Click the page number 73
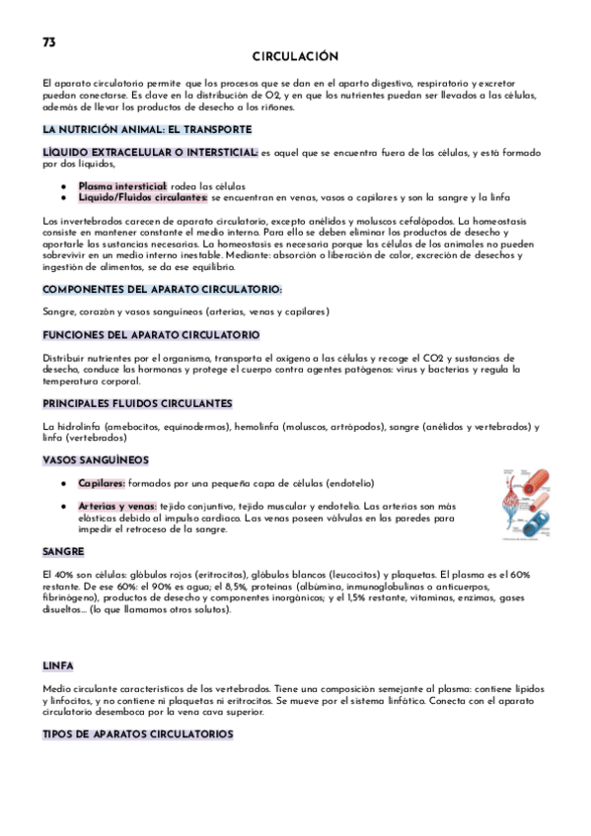tap(49, 42)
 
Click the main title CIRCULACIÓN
tap(295, 57)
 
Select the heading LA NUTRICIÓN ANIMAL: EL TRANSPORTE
tap(147, 129)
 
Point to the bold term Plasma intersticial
tap(122, 185)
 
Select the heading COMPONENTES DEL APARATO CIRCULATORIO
tap(162, 289)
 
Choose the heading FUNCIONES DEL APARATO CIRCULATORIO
tap(151, 335)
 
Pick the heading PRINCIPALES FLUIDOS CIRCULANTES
tap(137, 403)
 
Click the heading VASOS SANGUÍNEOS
tap(96, 459)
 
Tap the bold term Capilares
tap(102, 483)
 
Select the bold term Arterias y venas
tap(117, 506)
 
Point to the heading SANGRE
tap(63, 551)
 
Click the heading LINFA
tap(58, 666)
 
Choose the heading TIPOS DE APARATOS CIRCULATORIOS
tap(137, 734)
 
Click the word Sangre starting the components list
tap(58, 312)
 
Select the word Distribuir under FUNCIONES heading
tap(64, 357)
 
